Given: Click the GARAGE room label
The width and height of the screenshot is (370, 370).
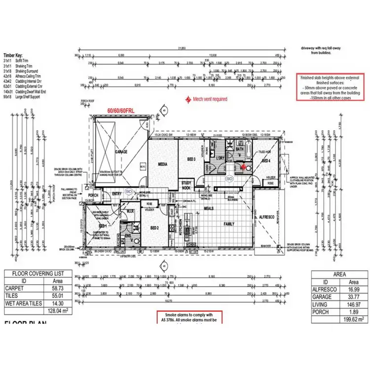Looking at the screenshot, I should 121,152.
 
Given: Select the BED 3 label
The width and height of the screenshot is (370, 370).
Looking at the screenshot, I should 191,159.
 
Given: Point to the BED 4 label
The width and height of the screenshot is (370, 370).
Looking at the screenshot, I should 266,161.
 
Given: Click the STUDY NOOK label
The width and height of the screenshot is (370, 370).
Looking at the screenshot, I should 186,185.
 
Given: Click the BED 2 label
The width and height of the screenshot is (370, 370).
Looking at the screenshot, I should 153,227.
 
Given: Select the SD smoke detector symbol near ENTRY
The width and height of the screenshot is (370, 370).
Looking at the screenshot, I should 129,190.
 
